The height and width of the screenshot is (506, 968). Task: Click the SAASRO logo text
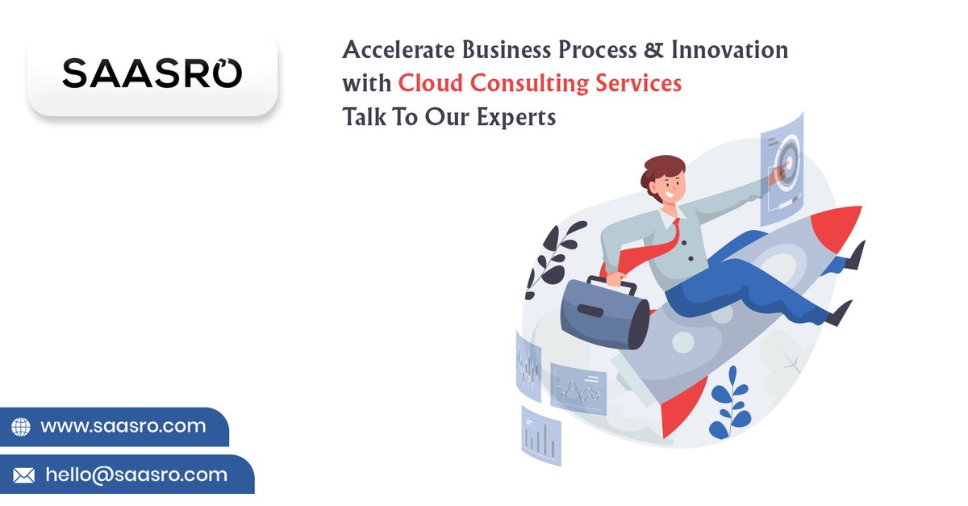pos(152,73)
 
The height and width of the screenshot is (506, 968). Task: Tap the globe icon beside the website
pos(21,427)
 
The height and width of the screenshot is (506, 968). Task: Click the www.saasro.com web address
pos(123,426)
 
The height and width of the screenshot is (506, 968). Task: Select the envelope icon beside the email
pos(23,475)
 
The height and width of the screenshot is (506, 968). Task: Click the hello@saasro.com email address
pos(136,475)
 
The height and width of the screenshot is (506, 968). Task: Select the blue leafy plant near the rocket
pos(731,404)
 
